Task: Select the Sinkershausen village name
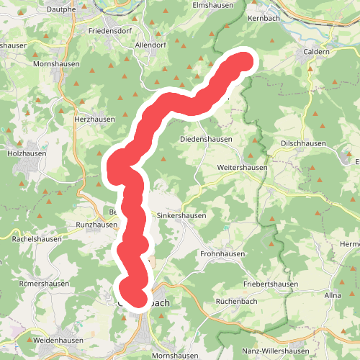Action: [181, 215]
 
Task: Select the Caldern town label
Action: [317, 53]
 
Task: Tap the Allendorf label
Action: [150, 45]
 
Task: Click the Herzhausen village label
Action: [94, 120]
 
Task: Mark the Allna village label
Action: [333, 296]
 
